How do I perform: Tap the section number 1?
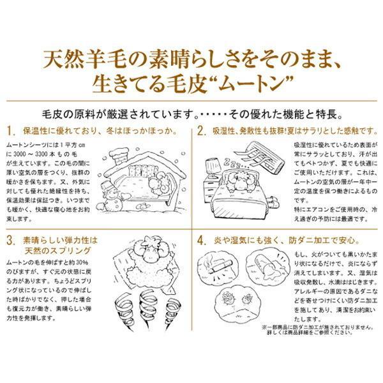[x=11, y=131]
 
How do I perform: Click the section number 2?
[x=200, y=131]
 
